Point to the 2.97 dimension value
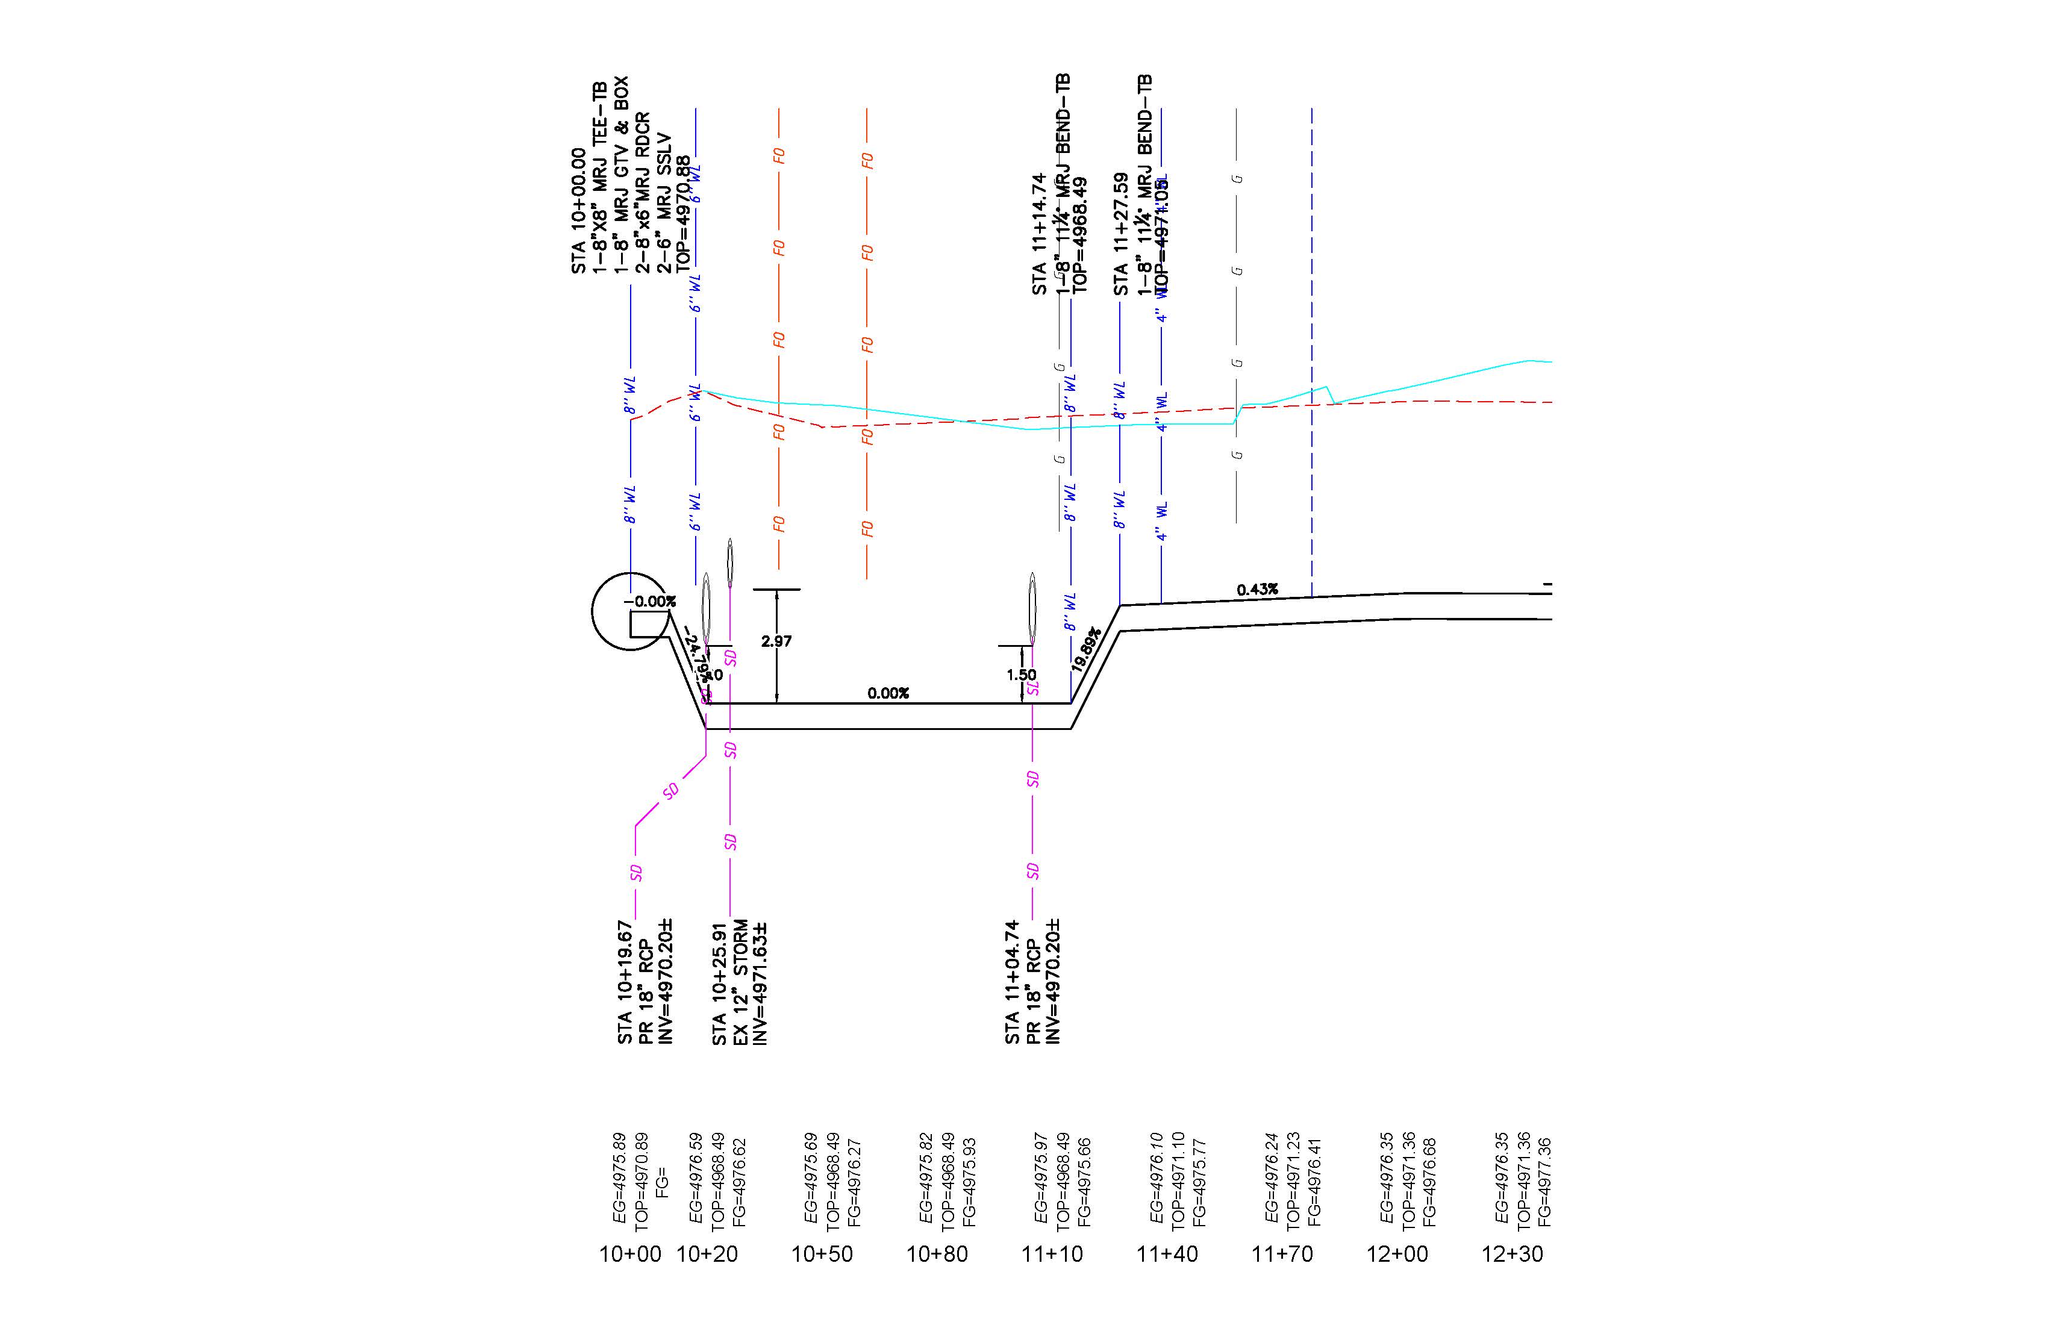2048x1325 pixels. pos(776,641)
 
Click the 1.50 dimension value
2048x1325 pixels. pos(1022,675)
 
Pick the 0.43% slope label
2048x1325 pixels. pos(1257,590)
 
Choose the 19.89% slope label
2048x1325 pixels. pos(1086,650)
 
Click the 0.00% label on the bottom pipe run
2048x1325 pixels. pos(888,693)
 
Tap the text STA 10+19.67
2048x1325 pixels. pos(625,982)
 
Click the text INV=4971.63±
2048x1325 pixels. pos(760,982)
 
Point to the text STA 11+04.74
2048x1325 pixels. pos(1012,982)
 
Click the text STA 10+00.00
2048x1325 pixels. pos(578,211)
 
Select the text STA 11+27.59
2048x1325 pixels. pos(1120,234)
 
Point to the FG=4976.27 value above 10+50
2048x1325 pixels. pos(854,1182)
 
